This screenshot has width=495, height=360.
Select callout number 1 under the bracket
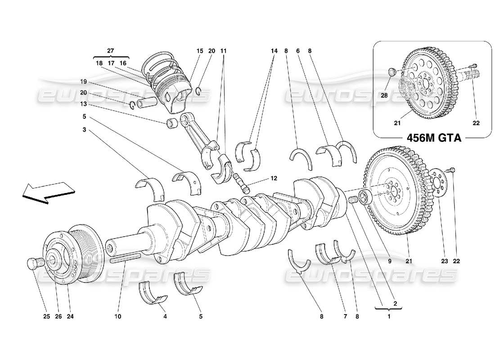[389, 316]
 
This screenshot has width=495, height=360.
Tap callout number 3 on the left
[84, 130]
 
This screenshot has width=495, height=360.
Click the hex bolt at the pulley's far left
[34, 263]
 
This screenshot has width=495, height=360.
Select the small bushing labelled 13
[172, 123]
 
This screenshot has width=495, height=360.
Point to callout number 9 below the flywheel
[390, 261]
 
